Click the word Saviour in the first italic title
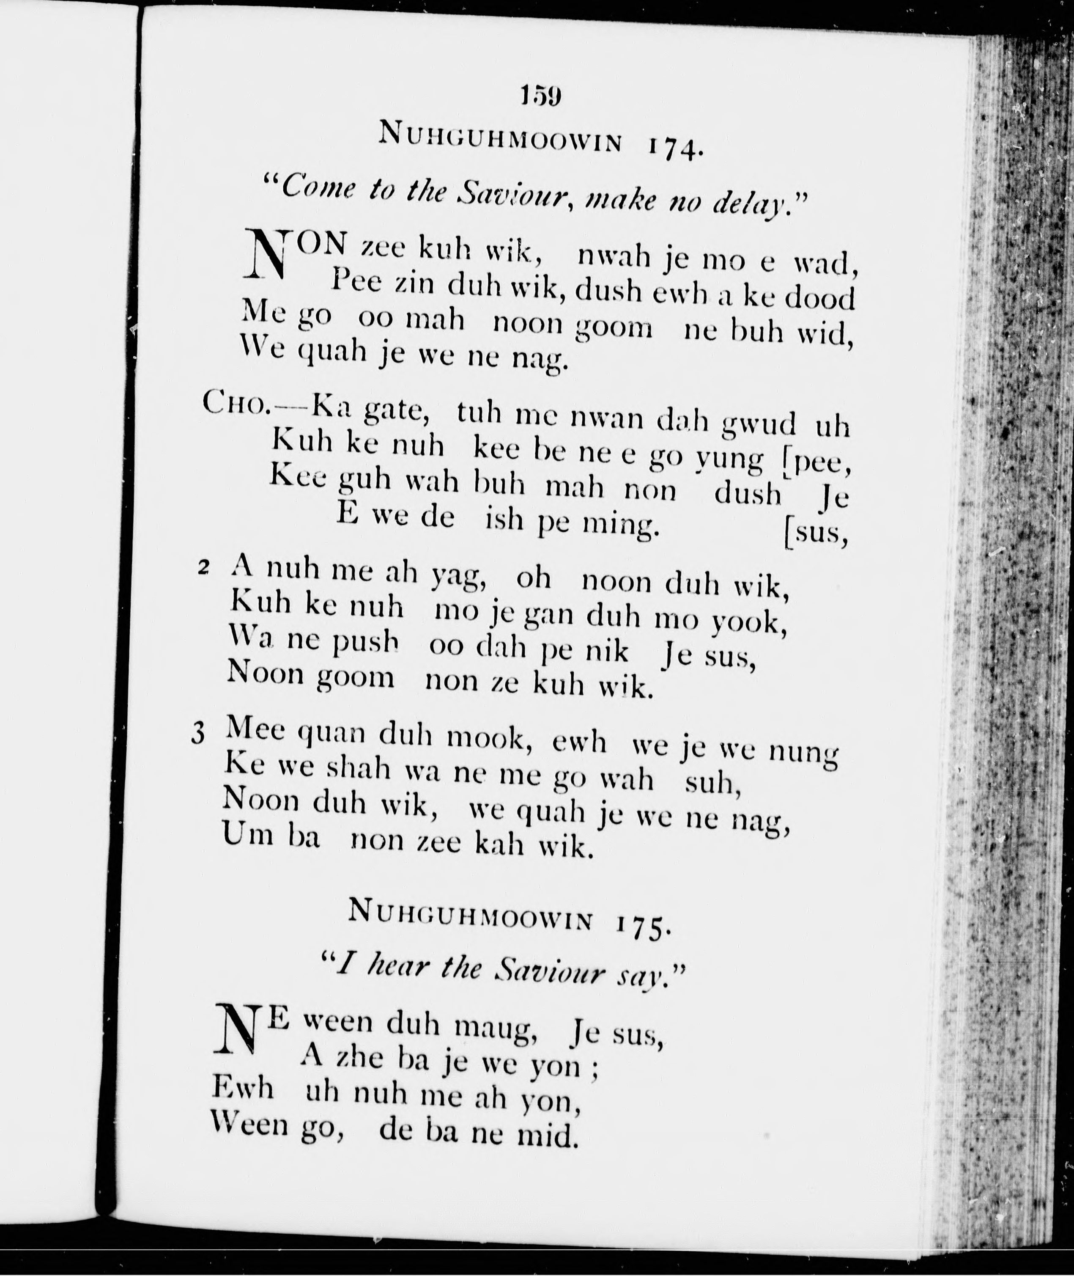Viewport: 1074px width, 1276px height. point(512,194)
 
